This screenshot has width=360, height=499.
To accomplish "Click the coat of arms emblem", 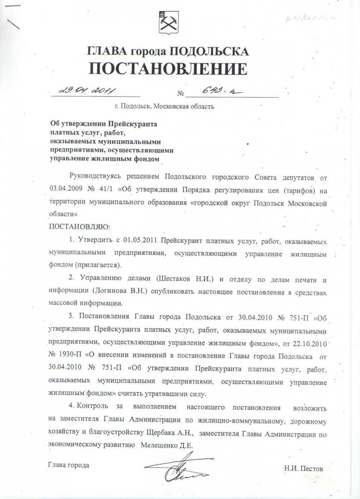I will pyautogui.click(x=169, y=23).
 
